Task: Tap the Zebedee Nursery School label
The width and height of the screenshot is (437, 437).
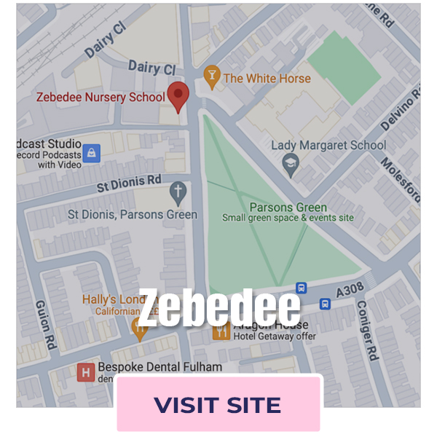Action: pyautogui.click(x=101, y=97)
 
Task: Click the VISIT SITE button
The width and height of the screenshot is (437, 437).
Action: pyautogui.click(x=218, y=404)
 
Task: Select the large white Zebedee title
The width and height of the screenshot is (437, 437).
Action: pyautogui.click(x=219, y=307)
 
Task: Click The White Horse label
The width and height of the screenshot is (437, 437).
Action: pyautogui.click(x=267, y=78)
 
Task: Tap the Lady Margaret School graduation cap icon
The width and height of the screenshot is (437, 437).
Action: pyautogui.click(x=291, y=162)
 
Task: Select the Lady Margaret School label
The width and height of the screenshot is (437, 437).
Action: pyautogui.click(x=328, y=145)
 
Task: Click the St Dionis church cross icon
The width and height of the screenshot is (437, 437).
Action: pyautogui.click(x=178, y=193)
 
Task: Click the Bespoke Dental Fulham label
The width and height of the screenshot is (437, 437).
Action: pyautogui.click(x=160, y=366)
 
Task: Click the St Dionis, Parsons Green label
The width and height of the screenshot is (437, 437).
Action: pyautogui.click(x=132, y=214)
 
